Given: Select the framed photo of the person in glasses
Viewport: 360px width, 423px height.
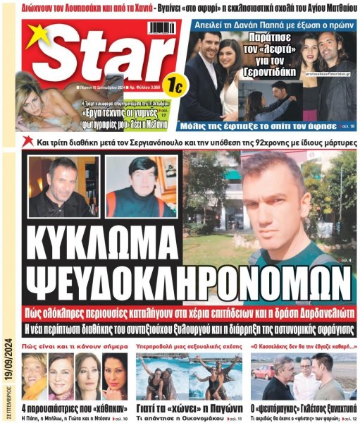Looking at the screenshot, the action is [139, 188].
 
